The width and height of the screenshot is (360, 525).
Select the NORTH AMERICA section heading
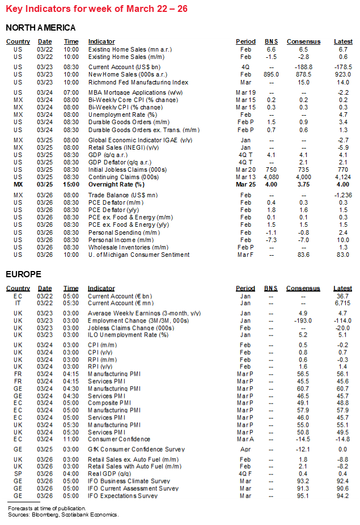(x=40, y=28)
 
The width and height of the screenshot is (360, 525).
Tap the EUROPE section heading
(x=23, y=274)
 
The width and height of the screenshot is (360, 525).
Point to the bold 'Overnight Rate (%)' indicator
(x=116, y=184)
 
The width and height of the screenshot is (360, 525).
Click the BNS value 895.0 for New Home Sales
(x=271, y=74)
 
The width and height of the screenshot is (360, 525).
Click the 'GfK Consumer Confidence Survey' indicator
(x=136, y=449)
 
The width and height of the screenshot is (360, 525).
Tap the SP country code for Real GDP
(x=18, y=474)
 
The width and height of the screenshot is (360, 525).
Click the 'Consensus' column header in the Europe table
(x=303, y=289)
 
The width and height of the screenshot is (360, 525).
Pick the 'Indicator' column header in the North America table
(x=101, y=41)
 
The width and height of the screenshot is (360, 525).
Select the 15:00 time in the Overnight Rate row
(x=71, y=184)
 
